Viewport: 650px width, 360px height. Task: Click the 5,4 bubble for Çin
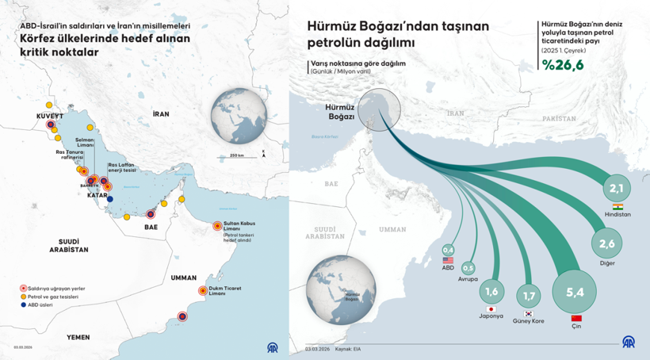click(575, 292)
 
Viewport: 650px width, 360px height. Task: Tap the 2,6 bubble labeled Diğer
click(606, 243)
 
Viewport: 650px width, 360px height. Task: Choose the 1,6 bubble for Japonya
click(491, 290)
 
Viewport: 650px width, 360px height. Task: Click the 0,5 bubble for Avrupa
click(468, 268)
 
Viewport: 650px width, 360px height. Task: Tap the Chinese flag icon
click(576, 318)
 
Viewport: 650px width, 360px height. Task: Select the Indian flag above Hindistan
click(618, 206)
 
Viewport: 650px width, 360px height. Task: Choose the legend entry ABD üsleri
click(42, 305)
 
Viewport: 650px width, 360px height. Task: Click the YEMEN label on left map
click(78, 337)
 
